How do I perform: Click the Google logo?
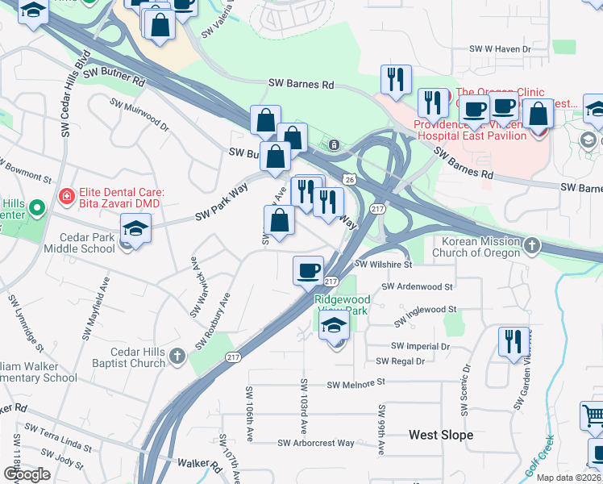(27, 474)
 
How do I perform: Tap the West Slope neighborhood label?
(440, 435)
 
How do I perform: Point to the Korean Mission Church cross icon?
(532, 245)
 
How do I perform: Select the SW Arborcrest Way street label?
(316, 443)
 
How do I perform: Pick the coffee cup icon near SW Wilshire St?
(307, 270)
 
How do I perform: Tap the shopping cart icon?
(593, 416)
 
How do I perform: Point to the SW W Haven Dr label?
(501, 49)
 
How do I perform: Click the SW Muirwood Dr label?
(139, 115)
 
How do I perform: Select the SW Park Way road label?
(221, 206)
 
